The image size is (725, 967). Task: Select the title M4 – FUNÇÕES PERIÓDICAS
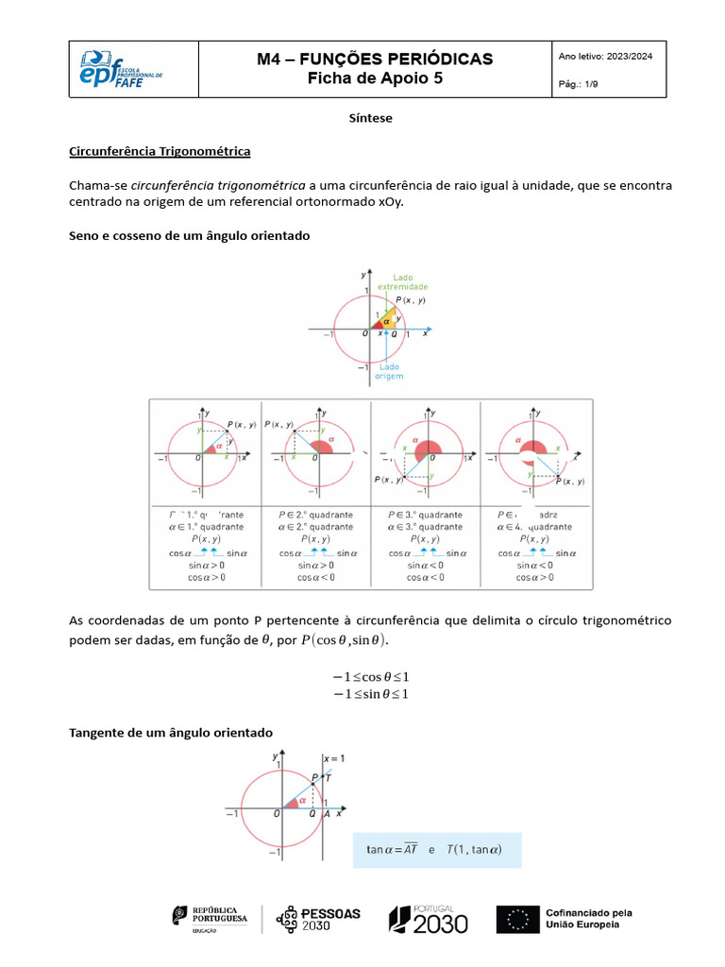(375, 59)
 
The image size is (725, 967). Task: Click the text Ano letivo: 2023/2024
(606, 57)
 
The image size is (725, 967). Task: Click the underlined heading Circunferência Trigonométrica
(160, 151)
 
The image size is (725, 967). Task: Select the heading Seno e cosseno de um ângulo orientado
(190, 235)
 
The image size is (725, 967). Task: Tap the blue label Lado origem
(388, 371)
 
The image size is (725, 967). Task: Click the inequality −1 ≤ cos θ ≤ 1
(370, 677)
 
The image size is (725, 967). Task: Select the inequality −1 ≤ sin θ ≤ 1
(370, 694)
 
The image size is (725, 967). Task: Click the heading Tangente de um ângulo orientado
(171, 733)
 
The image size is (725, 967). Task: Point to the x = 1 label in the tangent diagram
(333, 758)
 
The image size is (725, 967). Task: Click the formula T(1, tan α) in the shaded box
(474, 850)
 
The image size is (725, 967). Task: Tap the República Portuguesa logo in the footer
(210, 918)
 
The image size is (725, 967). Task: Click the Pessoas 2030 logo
(318, 918)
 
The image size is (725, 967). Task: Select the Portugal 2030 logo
(429, 918)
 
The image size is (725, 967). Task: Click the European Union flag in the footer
(517, 919)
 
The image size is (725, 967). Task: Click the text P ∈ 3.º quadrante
(426, 515)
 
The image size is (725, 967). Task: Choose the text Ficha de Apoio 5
(375, 79)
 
